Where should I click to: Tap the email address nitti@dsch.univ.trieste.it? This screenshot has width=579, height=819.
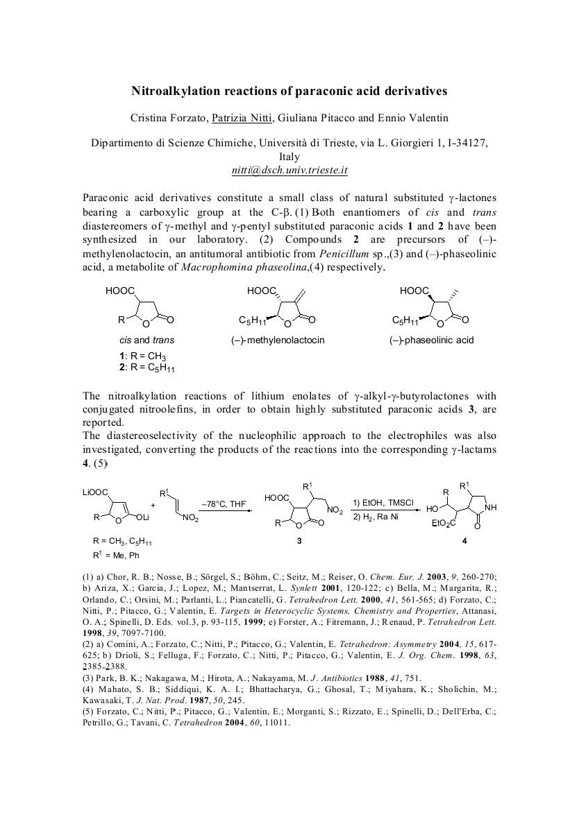click(x=289, y=170)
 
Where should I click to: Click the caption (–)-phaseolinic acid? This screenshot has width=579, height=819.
click(x=431, y=340)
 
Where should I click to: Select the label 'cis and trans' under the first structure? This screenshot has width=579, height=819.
click(x=146, y=340)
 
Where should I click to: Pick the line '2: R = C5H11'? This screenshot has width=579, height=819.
click(x=146, y=367)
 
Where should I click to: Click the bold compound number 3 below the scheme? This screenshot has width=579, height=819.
click(x=299, y=542)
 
